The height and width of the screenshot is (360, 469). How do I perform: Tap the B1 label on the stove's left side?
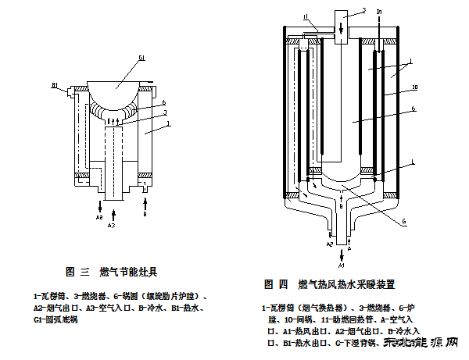coord(55,85)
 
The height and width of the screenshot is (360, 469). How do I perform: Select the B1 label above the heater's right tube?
coord(380,12)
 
